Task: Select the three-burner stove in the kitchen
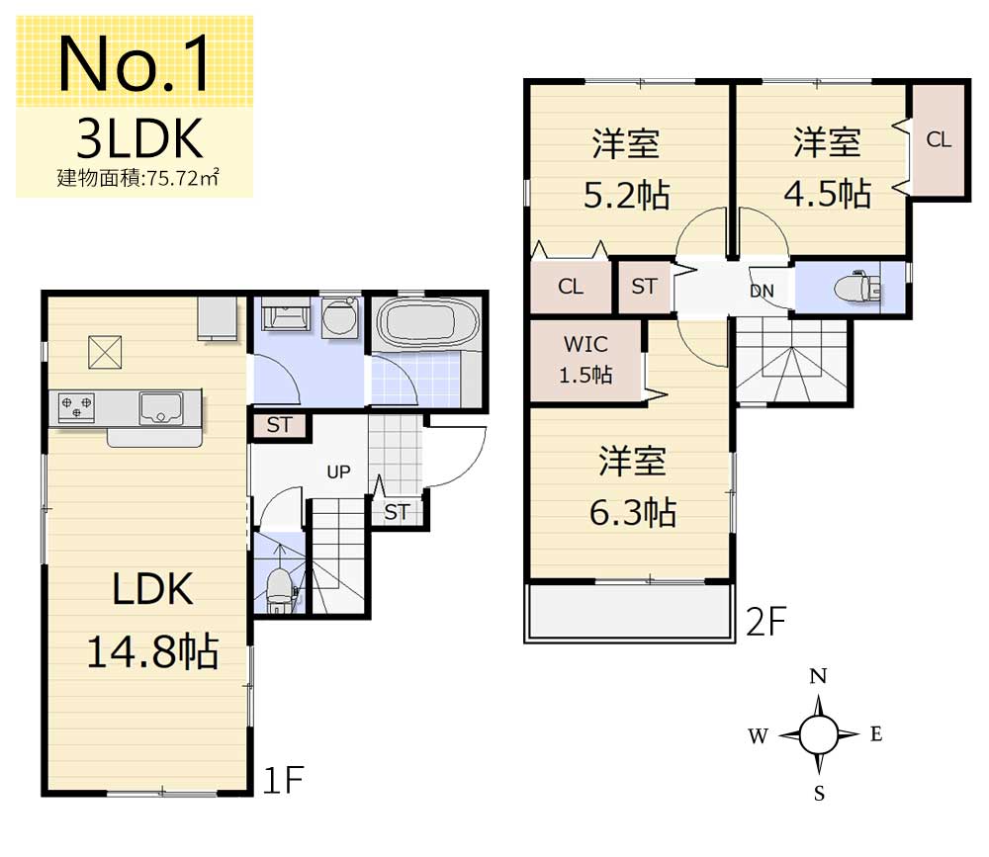(76, 406)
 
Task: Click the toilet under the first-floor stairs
(280, 590)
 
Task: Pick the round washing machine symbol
(340, 316)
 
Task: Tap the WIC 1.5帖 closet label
(585, 360)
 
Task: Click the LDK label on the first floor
(152, 589)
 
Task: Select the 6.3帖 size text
(633, 512)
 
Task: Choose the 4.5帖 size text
(828, 193)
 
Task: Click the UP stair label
(338, 471)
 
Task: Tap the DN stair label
(762, 291)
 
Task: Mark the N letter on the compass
(818, 677)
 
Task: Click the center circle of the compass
(819, 734)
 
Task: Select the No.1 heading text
(134, 63)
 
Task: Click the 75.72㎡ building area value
(182, 178)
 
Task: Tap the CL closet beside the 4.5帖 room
(939, 139)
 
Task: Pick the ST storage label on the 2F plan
(644, 287)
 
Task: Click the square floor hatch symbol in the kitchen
(105, 353)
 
